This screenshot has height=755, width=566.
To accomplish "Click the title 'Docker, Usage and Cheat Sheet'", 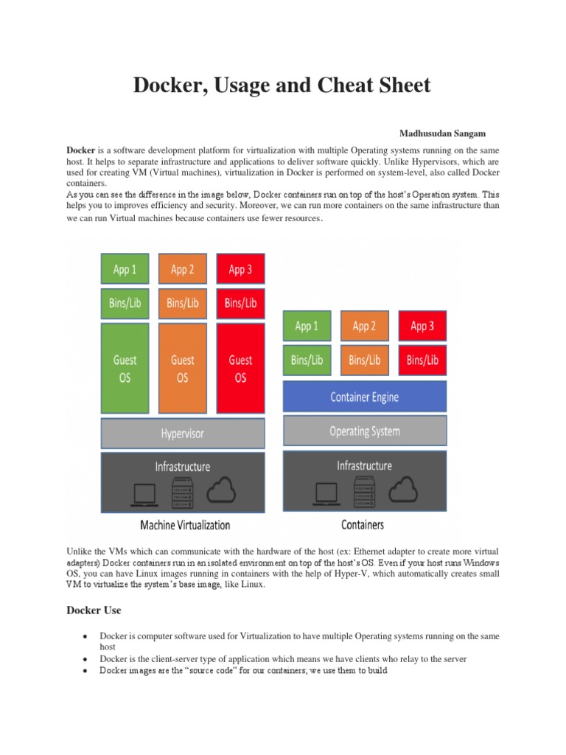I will (282, 86).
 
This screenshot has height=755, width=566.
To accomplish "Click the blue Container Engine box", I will (364, 397).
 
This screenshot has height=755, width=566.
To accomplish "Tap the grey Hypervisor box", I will (182, 434).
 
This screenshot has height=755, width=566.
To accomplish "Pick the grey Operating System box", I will (364, 431).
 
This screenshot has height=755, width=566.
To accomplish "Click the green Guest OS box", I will (125, 368).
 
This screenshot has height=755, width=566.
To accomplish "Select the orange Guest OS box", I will (182, 368).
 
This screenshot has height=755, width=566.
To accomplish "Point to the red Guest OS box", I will (240, 368).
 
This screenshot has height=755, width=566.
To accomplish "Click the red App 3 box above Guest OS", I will (240, 269).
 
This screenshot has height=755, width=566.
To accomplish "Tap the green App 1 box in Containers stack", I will (306, 326).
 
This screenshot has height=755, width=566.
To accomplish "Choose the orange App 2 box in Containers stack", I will (364, 326).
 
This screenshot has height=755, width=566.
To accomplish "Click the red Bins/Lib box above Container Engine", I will (422, 360).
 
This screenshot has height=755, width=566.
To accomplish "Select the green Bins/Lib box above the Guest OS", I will (125, 302).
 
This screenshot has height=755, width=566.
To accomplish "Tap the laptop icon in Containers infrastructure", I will (325, 493).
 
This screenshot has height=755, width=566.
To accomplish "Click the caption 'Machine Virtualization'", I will (185, 526).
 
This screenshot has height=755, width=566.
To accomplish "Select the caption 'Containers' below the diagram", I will (363, 525).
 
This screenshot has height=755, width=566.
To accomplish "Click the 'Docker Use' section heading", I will (94, 610).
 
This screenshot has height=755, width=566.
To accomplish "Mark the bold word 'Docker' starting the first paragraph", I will (81, 150).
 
